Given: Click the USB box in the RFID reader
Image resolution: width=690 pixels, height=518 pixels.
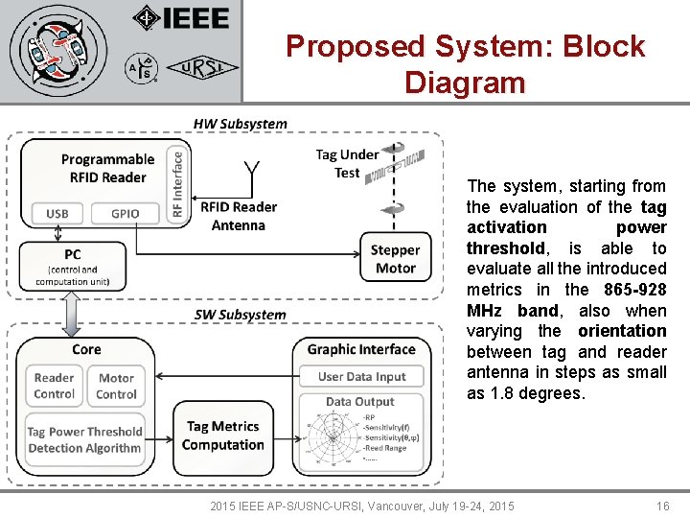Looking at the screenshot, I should [x=57, y=213].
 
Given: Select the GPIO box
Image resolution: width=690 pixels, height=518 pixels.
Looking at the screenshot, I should [x=125, y=213].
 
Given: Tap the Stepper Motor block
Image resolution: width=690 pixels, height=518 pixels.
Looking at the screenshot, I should [x=395, y=259].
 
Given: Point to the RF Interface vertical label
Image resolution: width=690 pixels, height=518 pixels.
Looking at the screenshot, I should [x=177, y=183].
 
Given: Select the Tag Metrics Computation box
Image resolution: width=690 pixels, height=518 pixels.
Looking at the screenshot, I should [x=222, y=436].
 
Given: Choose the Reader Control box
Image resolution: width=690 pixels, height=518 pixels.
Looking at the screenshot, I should [x=54, y=387].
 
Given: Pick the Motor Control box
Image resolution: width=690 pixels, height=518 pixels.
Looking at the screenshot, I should [x=116, y=387].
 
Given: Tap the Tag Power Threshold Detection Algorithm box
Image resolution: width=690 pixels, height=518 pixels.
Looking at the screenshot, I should [x=84, y=439].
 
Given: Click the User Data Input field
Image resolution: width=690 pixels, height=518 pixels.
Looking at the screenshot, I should [x=362, y=377].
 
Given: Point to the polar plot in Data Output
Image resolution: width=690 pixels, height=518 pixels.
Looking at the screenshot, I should [x=333, y=437].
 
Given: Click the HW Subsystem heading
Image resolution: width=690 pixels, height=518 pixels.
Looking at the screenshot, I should [x=240, y=124].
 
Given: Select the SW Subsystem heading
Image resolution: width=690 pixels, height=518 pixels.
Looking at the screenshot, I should [x=240, y=315].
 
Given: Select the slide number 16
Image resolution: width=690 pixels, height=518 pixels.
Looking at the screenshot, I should [x=662, y=506].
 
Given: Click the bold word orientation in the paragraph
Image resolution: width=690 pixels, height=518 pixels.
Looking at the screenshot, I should [x=622, y=331].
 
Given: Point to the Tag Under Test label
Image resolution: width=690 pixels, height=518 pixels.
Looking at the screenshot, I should [x=347, y=163].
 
